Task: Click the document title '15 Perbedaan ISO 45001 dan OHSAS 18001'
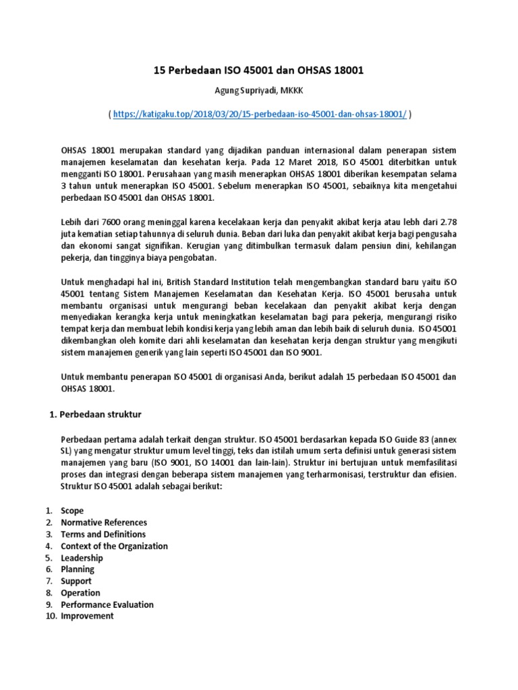[259, 71]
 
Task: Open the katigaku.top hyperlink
[260, 115]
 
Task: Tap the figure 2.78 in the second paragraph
[448, 222]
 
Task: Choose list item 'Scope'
[72, 511]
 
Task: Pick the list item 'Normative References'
[104, 522]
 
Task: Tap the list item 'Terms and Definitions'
[103, 534]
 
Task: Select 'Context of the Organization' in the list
[114, 546]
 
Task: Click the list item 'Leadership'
[82, 558]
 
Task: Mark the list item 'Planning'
[78, 569]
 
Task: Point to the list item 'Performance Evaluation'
[107, 604]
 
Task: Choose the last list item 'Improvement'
[87, 616]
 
